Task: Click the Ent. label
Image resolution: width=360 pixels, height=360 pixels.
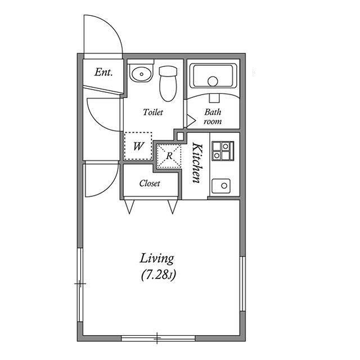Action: pyautogui.click(x=103, y=73)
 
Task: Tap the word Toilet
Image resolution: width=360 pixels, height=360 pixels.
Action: pyautogui.click(x=153, y=112)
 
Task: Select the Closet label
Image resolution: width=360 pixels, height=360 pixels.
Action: pyautogui.click(x=150, y=183)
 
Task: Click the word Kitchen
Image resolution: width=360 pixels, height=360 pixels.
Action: pyautogui.click(x=197, y=163)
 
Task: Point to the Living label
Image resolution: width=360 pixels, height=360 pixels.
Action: pyautogui.click(x=157, y=259)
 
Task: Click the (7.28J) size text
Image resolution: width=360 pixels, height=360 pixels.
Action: pyautogui.click(x=158, y=275)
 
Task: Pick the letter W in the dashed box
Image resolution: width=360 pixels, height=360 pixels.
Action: pyautogui.click(x=138, y=146)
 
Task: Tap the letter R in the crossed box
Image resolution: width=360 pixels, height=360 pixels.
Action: pyautogui.click(x=169, y=156)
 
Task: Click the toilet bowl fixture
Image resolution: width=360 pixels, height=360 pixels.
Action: pyautogui.click(x=168, y=84)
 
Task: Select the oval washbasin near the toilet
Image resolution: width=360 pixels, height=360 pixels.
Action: pyautogui.click(x=141, y=73)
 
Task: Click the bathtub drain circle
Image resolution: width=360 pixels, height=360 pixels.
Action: pyautogui.click(x=213, y=81)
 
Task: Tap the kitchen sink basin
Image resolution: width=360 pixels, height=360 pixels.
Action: pyautogui.click(x=221, y=186)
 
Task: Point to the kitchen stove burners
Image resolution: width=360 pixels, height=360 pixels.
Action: pyautogui.click(x=223, y=151)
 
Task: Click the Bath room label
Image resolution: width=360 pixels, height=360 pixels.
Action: pyautogui.click(x=213, y=116)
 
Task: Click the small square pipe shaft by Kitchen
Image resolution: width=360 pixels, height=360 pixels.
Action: pyautogui.click(x=181, y=136)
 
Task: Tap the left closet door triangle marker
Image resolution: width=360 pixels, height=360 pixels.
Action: pyautogui.click(x=129, y=206)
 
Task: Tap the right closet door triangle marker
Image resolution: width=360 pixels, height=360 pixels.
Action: pyautogui.click(x=173, y=206)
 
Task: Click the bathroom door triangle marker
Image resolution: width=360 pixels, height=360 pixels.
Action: pyautogui.click(x=191, y=120)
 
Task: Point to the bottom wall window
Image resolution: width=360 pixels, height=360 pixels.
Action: pyautogui.click(x=158, y=338)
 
